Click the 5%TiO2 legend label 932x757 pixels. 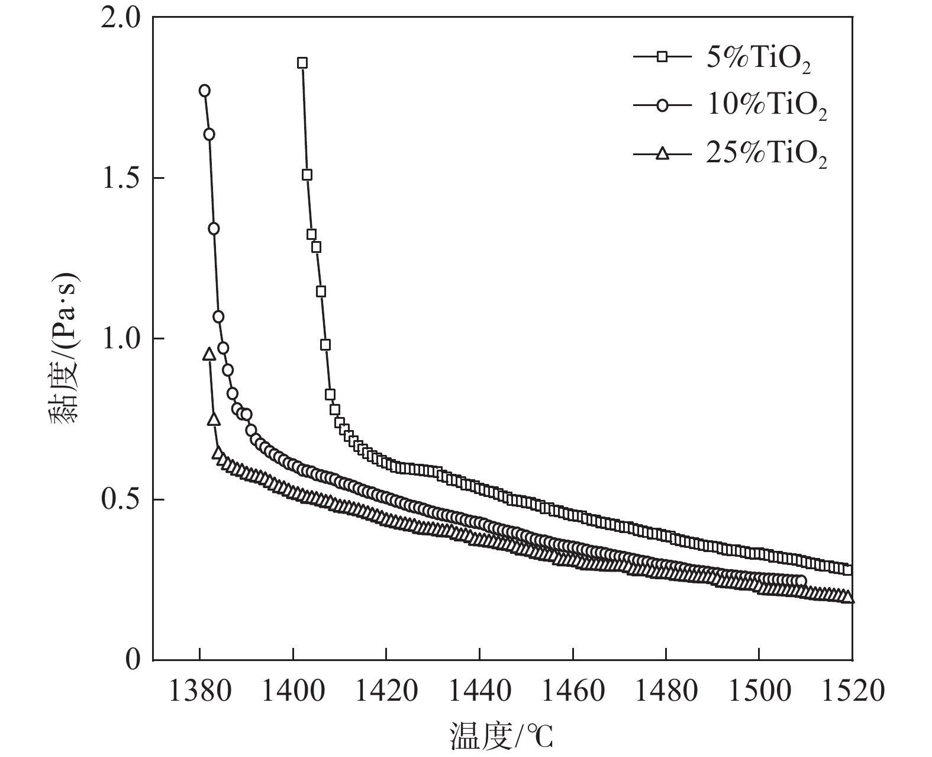(758, 58)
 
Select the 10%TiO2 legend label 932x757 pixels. (766, 106)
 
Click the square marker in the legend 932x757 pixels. (662, 57)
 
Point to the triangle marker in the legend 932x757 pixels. (662, 153)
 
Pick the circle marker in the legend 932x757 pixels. (662, 105)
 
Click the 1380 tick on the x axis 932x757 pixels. (199, 691)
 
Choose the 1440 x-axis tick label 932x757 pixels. (479, 691)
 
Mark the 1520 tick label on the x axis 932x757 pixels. (852, 691)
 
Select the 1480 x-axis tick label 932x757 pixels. (666, 691)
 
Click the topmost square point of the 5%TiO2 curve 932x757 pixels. (302, 63)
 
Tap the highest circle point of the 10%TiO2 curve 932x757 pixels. (205, 91)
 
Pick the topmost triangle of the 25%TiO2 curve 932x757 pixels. (209, 354)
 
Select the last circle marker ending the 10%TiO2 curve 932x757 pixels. (801, 580)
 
